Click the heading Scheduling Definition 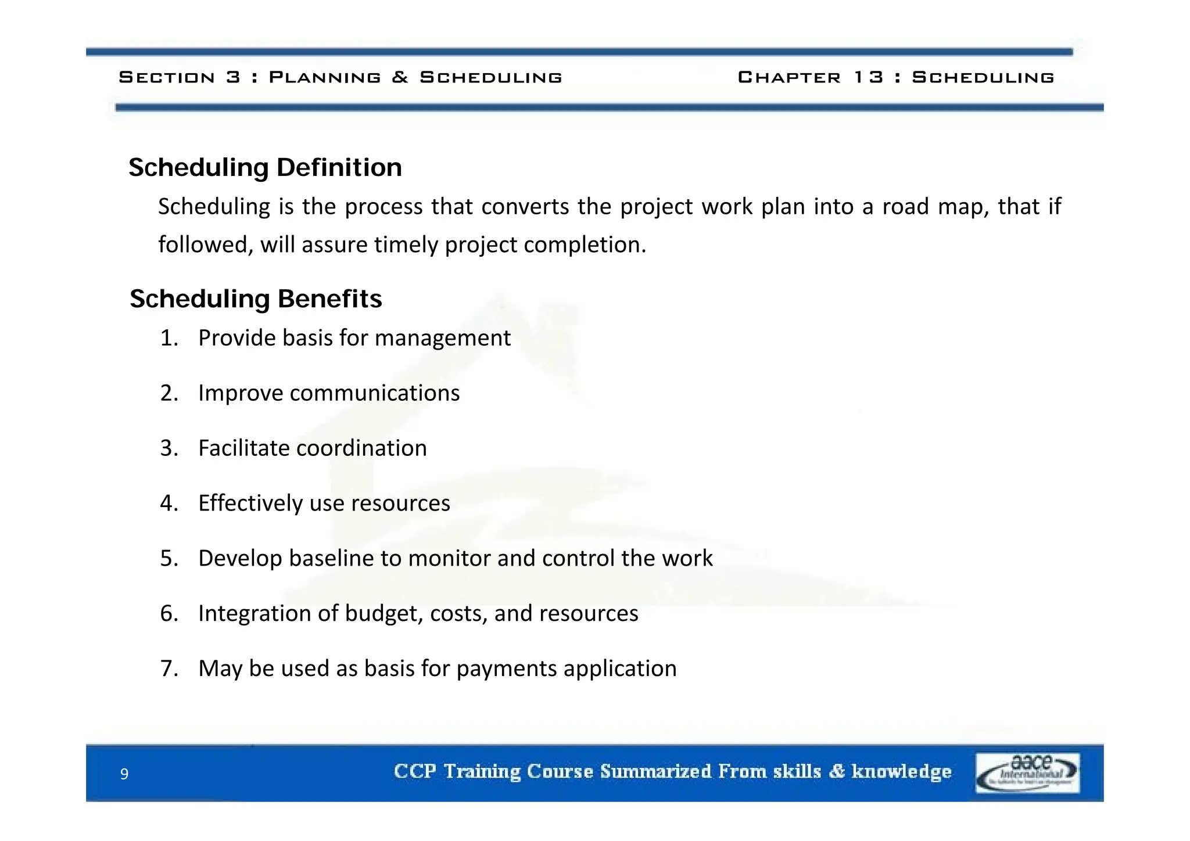265,168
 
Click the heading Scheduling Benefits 256,299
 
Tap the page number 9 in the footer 124,774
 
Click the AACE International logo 1027,772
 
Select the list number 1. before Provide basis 169,338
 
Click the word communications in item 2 374,393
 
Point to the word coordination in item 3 361,448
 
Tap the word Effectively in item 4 250,504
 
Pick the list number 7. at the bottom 169,669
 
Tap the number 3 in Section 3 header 233,77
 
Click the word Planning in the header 325,77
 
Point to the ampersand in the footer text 836,771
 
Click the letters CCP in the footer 415,771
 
